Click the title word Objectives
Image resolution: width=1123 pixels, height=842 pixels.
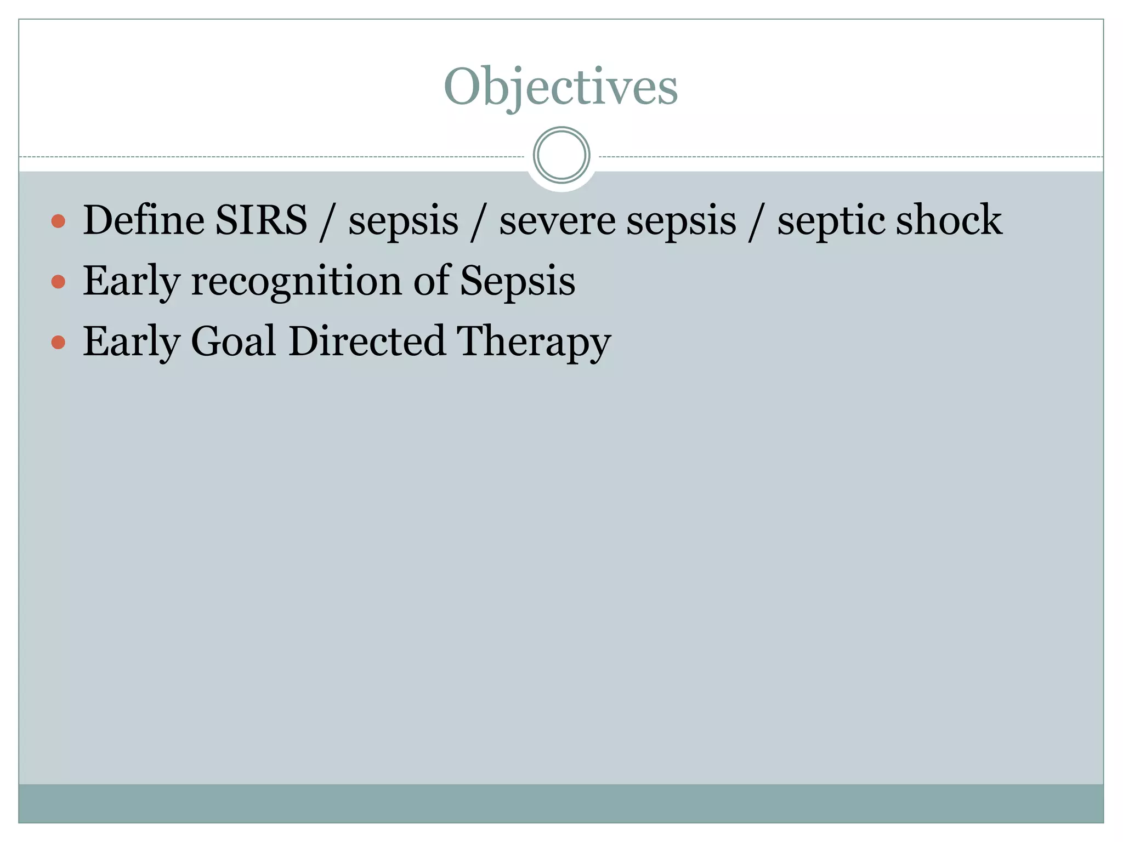point(560,88)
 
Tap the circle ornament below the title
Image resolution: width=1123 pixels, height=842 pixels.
point(561,155)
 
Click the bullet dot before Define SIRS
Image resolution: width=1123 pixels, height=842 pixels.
point(58,221)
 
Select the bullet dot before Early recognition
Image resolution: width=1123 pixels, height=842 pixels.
point(58,282)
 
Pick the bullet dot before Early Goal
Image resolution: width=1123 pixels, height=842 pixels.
point(58,343)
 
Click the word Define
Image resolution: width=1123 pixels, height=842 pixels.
point(143,220)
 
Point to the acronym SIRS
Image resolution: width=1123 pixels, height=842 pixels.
point(261,220)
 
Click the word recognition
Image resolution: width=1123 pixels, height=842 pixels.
point(296,281)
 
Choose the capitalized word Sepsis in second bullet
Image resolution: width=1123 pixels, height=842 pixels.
point(518,281)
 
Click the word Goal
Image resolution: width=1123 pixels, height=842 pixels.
point(233,342)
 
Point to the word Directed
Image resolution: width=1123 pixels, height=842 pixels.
point(367,342)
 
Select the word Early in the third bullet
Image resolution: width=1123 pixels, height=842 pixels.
point(131,343)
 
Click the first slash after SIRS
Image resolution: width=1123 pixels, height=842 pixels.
point(327,222)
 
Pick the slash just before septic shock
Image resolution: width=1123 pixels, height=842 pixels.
point(756,222)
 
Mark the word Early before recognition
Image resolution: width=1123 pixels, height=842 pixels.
point(131,282)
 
